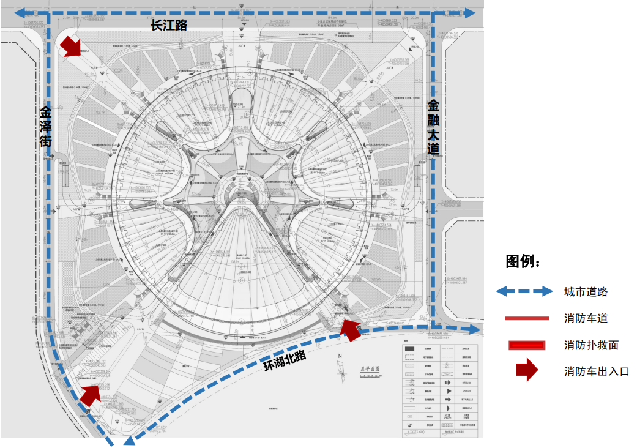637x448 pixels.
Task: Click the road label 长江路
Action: (x=169, y=26)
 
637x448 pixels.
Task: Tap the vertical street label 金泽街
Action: (x=46, y=127)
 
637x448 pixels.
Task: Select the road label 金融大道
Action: (x=433, y=127)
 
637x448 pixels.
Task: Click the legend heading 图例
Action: (x=523, y=262)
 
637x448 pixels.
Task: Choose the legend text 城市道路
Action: (x=586, y=291)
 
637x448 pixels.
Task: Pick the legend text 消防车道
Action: (x=586, y=318)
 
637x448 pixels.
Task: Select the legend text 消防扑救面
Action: (x=591, y=345)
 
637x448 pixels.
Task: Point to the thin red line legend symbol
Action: (x=527, y=318)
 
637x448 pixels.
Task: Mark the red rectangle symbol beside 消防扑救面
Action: (x=527, y=345)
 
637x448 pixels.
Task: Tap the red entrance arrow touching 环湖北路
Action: (x=350, y=329)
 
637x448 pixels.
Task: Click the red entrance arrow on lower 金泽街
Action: (x=90, y=394)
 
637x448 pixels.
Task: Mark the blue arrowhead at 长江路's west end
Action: (x=21, y=12)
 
